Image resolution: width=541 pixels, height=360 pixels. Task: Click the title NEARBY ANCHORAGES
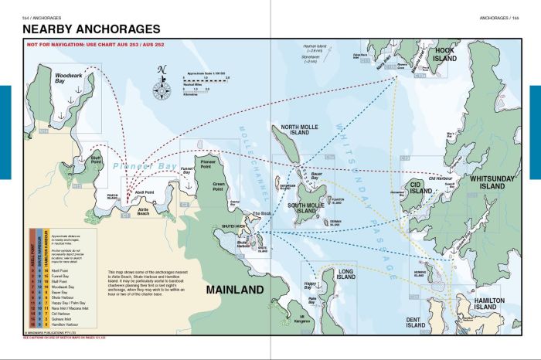click(x=87, y=29)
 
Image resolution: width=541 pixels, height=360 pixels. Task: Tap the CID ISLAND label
click(x=421, y=187)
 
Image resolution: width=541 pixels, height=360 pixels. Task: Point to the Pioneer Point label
click(x=211, y=163)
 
